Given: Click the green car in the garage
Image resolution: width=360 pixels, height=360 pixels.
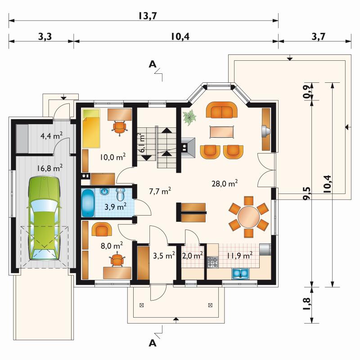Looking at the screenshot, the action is pyautogui.click(x=44, y=218).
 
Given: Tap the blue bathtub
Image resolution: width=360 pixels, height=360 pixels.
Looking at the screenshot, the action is pyautogui.click(x=88, y=202).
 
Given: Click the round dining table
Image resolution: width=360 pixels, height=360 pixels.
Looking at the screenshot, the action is pyautogui.click(x=249, y=216).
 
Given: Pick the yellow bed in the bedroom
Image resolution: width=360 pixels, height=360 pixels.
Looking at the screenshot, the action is pyautogui.click(x=92, y=128).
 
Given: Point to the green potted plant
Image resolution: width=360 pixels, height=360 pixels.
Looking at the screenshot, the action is pyautogui.click(x=189, y=117).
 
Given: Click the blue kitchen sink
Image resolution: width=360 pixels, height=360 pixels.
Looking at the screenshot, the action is pyautogui.click(x=240, y=274).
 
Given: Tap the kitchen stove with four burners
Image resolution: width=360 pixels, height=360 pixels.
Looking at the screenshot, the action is pyautogui.click(x=212, y=262).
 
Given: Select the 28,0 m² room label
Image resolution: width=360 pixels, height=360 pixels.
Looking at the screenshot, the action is pyautogui.click(x=224, y=183).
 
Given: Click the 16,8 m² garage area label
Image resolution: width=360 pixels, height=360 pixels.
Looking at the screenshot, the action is pyautogui.click(x=50, y=168).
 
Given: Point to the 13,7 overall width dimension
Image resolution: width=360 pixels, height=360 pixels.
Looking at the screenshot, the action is pyautogui.click(x=148, y=16).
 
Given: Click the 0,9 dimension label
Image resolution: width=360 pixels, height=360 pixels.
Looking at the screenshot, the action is pyautogui.click(x=307, y=92).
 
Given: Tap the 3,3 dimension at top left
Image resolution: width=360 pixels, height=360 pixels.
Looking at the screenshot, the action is pyautogui.click(x=45, y=36).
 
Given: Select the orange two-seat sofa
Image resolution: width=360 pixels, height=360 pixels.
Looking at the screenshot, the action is pyautogui.click(x=222, y=110).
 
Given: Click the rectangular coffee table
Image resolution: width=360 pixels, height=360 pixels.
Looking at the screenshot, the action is pyautogui.click(x=222, y=132).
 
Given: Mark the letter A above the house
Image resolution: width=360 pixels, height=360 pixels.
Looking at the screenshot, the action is pyautogui.click(x=153, y=64).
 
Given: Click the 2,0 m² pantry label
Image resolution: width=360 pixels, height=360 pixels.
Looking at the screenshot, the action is pyautogui.click(x=193, y=255).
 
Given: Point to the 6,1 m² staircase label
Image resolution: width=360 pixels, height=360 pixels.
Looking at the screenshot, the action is pyautogui.click(x=142, y=143).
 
